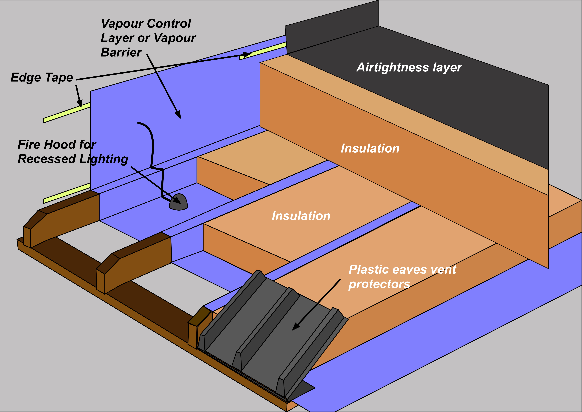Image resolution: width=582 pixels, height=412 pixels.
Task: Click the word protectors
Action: point(379,284)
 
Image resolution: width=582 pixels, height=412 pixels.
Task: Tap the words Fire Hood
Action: point(47,145)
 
